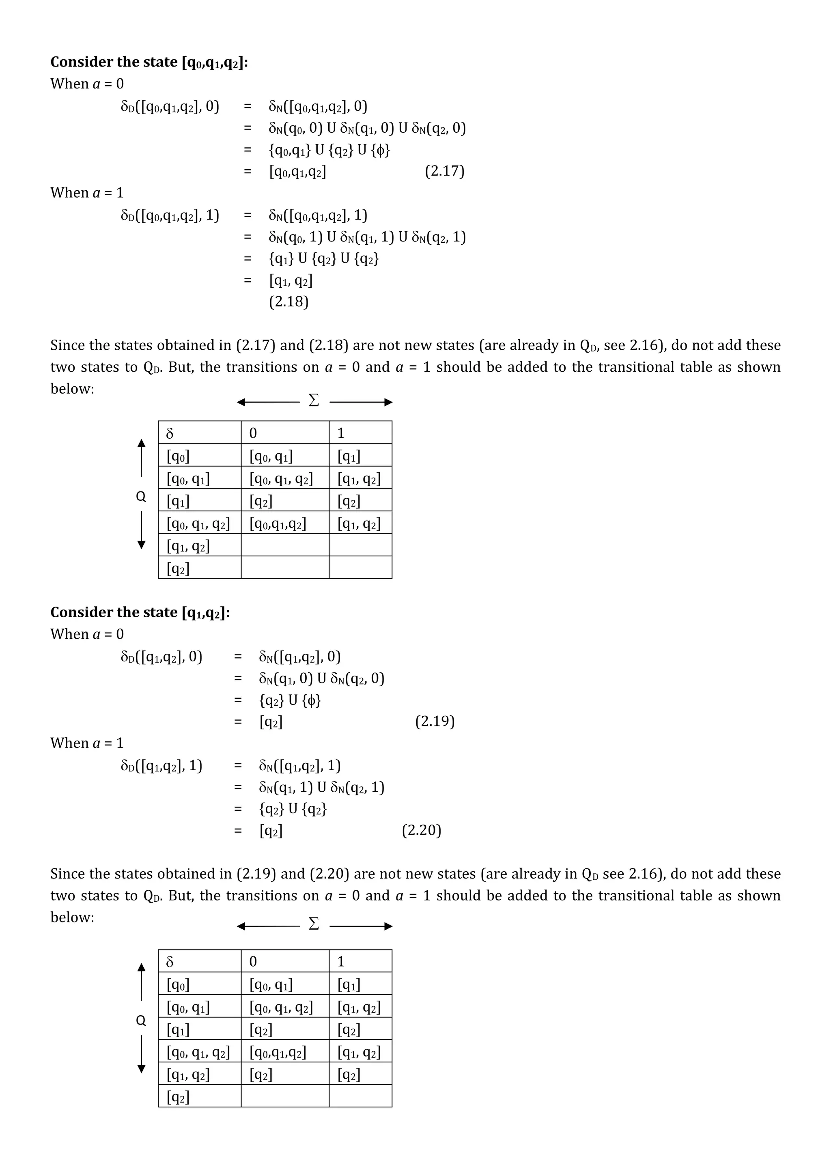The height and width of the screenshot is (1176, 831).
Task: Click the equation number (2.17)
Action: (x=444, y=171)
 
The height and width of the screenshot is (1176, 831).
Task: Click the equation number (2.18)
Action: (x=289, y=302)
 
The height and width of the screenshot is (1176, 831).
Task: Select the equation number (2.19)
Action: (x=435, y=721)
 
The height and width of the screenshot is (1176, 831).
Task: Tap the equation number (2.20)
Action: (x=422, y=830)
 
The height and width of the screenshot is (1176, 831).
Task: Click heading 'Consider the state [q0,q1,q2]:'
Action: (x=149, y=62)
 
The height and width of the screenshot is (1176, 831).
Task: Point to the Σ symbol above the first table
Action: (x=314, y=401)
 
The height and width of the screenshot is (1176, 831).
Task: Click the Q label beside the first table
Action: (x=141, y=496)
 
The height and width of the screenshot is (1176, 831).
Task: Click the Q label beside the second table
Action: (x=141, y=1020)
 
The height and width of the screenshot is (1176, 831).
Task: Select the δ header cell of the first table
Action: (x=199, y=433)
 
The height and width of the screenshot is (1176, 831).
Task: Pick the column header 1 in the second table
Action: (x=360, y=961)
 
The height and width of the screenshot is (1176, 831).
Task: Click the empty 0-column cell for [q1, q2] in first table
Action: (x=285, y=545)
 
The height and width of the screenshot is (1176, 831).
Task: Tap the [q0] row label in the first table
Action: (x=199, y=455)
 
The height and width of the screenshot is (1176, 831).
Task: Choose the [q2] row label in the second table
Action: (x=199, y=1096)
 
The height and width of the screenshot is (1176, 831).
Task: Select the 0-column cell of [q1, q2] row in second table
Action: (x=285, y=1074)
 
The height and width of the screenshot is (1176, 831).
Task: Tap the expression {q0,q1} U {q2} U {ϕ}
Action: (x=329, y=150)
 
